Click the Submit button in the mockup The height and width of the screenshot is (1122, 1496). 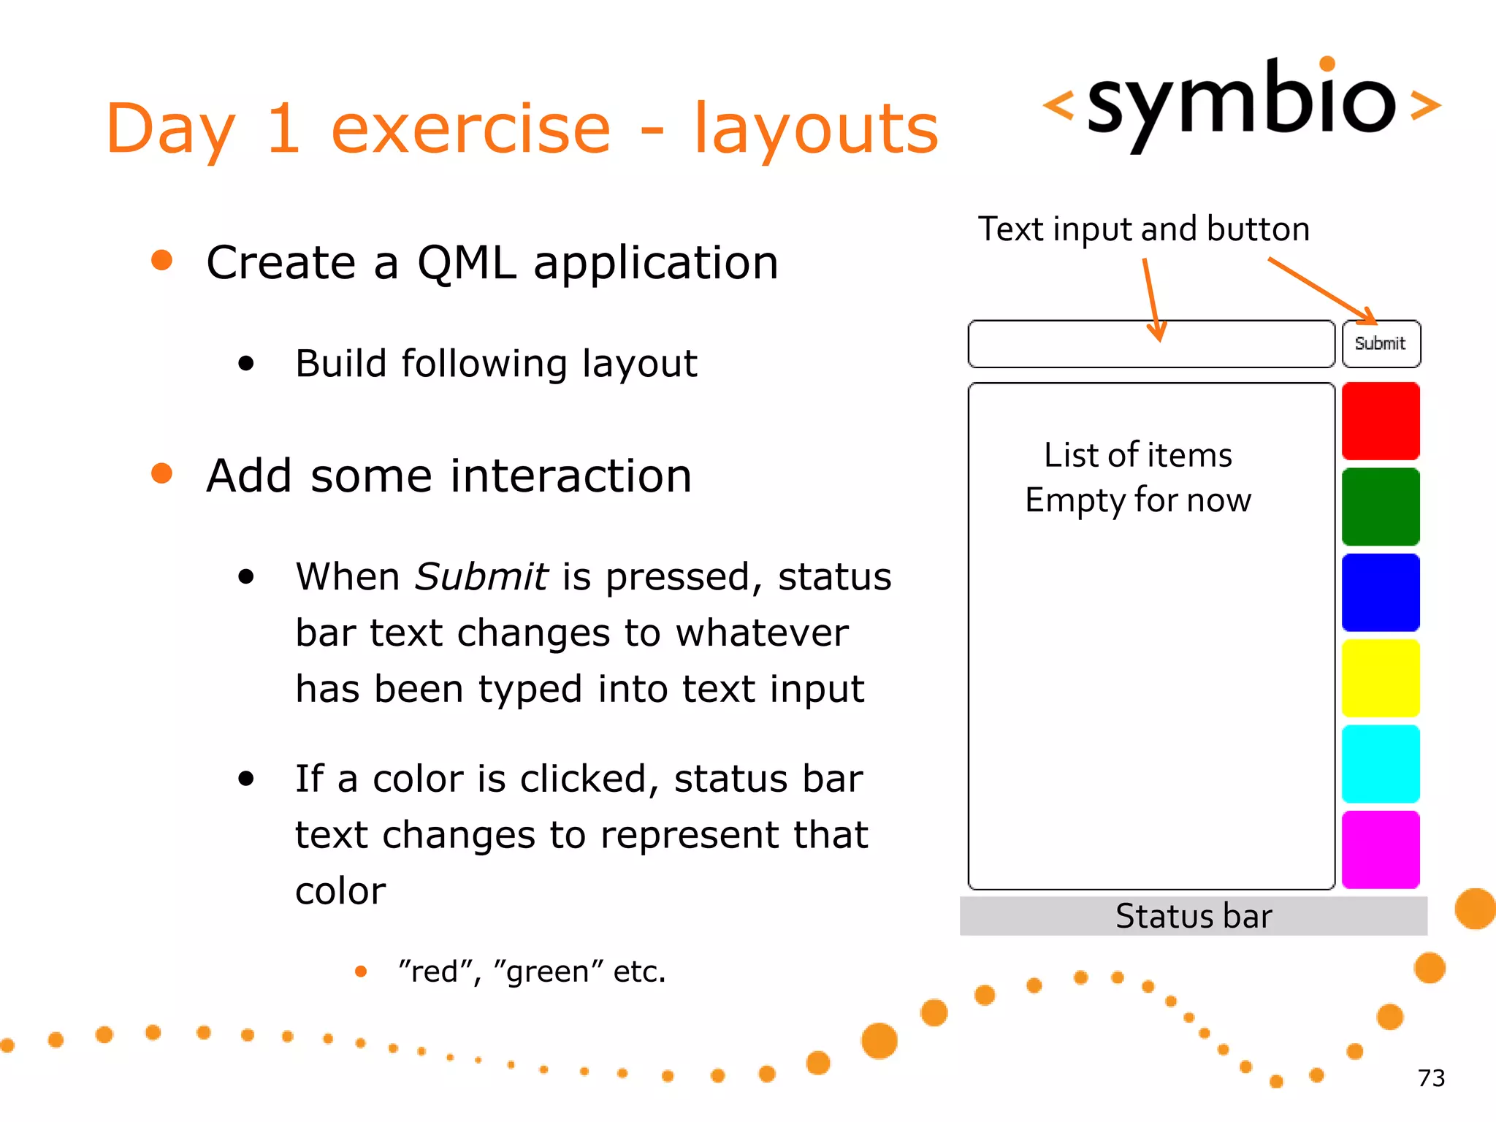(1381, 343)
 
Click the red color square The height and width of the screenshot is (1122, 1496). (1381, 421)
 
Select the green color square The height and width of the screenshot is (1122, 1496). (1381, 507)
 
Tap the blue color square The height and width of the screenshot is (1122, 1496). (1381, 592)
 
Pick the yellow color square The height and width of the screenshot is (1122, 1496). (1381, 678)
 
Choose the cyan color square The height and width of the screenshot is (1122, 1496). (1381, 764)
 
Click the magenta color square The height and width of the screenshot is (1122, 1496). (1381, 850)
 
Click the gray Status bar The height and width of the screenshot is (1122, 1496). (1193, 916)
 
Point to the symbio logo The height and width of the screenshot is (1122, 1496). (1242, 102)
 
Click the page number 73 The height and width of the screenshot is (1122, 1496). (1431, 1078)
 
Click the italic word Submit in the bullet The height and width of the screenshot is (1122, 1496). (481, 577)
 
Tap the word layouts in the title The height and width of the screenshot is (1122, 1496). (815, 130)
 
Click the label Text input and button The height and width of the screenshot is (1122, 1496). (1143, 229)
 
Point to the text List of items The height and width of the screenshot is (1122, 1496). (1137, 455)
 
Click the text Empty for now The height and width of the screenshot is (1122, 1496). (1137, 501)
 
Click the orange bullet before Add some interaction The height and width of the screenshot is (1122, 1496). (161, 474)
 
